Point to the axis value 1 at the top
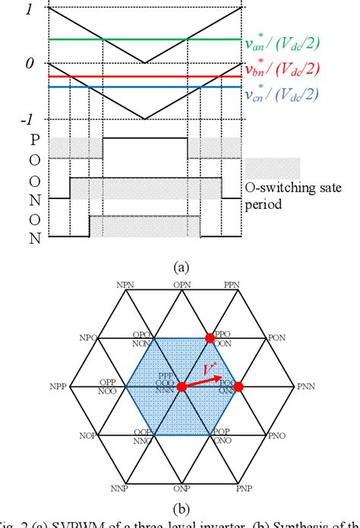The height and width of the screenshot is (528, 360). coord(29,10)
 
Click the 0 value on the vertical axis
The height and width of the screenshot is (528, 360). coord(29,65)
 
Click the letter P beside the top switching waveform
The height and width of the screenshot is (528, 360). coord(33,140)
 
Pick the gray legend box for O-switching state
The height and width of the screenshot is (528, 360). coord(273,168)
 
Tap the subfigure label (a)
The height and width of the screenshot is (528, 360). coord(181,267)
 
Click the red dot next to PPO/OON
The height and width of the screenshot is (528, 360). coord(210,337)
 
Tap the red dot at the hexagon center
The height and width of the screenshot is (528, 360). coord(182,387)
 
